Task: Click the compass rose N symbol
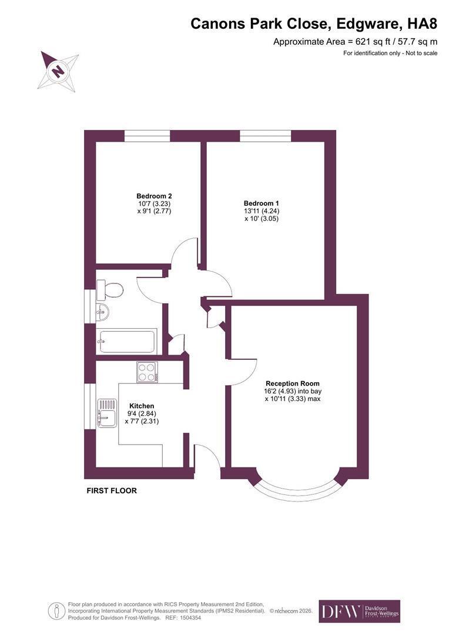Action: [x=58, y=71]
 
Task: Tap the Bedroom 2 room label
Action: [x=154, y=196]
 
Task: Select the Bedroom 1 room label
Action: [x=262, y=203]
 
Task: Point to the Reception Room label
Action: [x=292, y=383]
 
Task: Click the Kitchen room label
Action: [x=142, y=406]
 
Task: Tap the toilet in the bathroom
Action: [x=110, y=290]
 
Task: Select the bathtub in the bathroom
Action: [x=126, y=342]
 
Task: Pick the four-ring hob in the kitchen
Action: [x=148, y=372]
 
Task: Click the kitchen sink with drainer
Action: [x=108, y=413]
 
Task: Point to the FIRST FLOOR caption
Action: [x=112, y=490]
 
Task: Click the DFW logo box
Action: [x=360, y=611]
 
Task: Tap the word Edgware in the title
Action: [x=369, y=24]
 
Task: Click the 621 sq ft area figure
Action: [x=374, y=41]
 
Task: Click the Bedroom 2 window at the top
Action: [x=147, y=136]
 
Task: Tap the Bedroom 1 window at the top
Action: [x=266, y=136]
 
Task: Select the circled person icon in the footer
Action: [x=56, y=611]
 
